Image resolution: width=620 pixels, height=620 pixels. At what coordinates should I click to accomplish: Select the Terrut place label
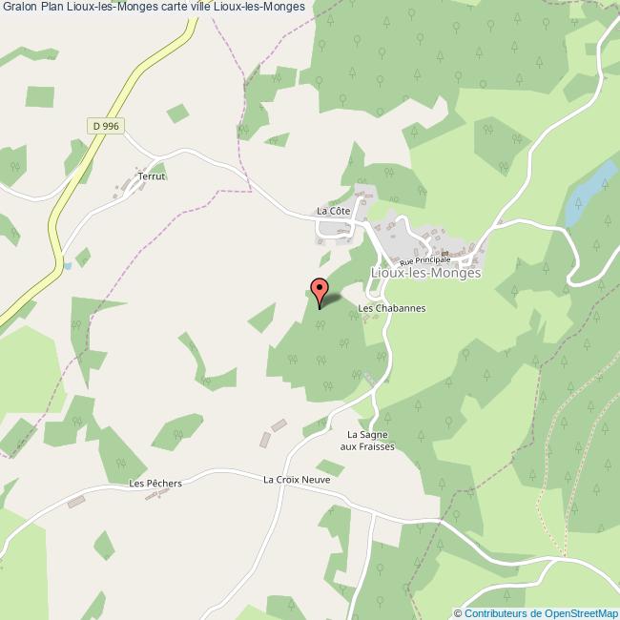click(152, 176)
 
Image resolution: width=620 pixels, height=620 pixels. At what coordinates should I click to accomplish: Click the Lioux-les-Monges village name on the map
click(424, 272)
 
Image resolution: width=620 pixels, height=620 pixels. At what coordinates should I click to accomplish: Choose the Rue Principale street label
click(424, 258)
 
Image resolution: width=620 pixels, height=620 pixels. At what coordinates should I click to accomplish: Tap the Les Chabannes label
click(391, 309)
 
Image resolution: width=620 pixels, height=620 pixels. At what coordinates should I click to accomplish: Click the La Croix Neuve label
click(297, 479)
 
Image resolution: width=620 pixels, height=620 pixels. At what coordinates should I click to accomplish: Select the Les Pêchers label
click(155, 484)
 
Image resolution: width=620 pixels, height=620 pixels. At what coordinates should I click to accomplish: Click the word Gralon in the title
click(19, 7)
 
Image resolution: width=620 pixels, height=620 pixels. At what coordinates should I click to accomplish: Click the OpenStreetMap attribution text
click(576, 613)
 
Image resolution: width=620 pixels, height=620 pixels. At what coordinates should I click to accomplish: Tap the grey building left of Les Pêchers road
click(76, 501)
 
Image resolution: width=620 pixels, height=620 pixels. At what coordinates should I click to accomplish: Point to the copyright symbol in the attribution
click(459, 613)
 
